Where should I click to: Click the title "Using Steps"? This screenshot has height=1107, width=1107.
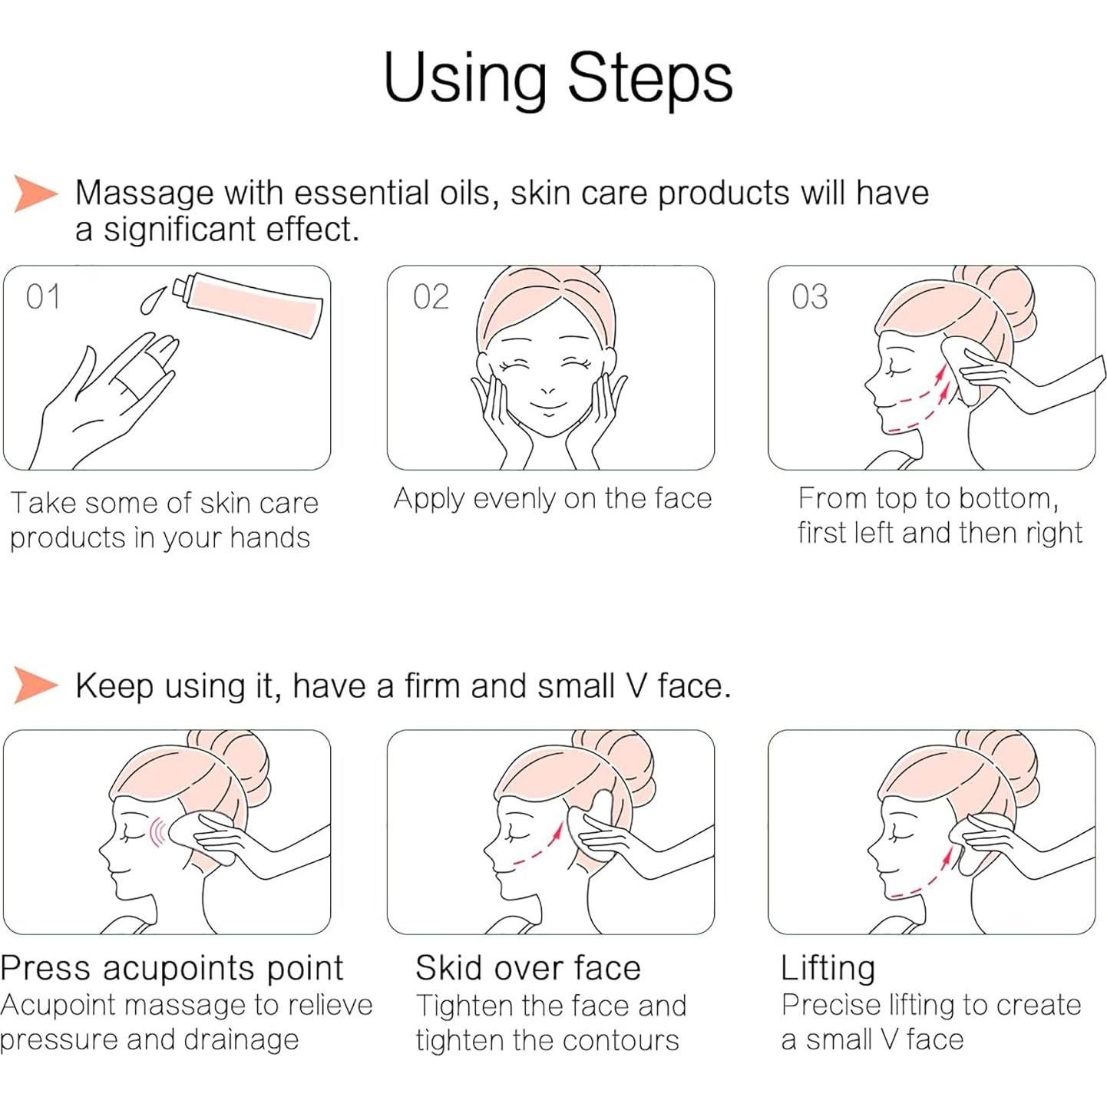[x=557, y=78]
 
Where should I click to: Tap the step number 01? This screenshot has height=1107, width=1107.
[x=43, y=297]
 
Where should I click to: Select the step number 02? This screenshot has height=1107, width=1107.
[x=431, y=297]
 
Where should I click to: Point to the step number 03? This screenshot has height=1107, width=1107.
[x=810, y=297]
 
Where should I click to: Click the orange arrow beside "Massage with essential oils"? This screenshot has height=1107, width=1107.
[x=35, y=193]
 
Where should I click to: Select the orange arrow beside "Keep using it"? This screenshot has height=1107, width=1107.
[x=35, y=685]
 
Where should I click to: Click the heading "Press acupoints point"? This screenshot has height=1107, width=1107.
[x=172, y=968]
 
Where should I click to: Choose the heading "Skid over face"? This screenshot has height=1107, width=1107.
[x=528, y=968]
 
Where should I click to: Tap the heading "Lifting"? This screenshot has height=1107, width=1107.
[x=828, y=968]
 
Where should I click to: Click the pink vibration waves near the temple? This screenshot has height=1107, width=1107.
[x=157, y=832]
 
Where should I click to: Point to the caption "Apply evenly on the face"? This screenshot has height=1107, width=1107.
[x=553, y=499]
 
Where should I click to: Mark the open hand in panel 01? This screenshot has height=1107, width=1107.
[x=107, y=399]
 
